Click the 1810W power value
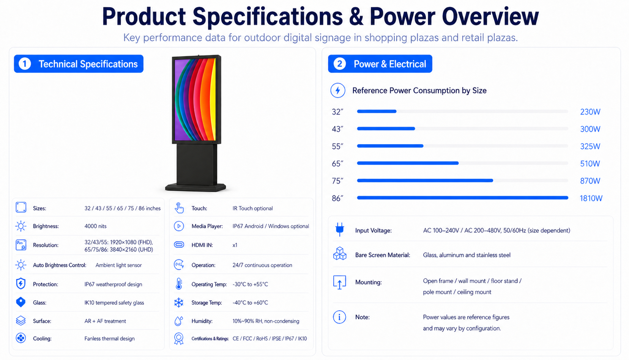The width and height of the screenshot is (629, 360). click(x=591, y=198)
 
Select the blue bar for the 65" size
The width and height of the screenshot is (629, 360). click(x=408, y=163)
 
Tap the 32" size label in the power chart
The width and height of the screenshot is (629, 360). click(x=337, y=112)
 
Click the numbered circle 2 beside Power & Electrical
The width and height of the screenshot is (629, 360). click(x=339, y=64)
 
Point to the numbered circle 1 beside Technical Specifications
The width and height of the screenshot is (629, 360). click(x=25, y=64)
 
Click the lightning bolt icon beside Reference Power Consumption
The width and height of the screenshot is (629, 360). click(x=338, y=90)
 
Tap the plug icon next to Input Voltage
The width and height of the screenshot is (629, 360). click(x=339, y=229)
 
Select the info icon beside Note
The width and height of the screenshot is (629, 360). click(x=339, y=317)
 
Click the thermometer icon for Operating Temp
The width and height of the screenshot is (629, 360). click(x=179, y=284)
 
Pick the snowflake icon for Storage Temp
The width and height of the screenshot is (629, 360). click(x=178, y=302)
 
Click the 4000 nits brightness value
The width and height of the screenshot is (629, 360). click(x=96, y=226)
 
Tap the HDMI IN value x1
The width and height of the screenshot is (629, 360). click(x=235, y=245)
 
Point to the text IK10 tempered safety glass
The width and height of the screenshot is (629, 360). click(x=114, y=303)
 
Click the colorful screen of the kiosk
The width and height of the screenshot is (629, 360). click(x=195, y=99)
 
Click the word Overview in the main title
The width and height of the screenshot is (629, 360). click(x=490, y=16)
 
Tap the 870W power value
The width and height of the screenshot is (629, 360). click(x=590, y=181)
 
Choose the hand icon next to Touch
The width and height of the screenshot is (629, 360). click(x=179, y=208)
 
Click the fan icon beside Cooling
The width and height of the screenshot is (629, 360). click(x=21, y=338)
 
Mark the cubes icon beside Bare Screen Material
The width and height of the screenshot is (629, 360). click(x=339, y=253)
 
